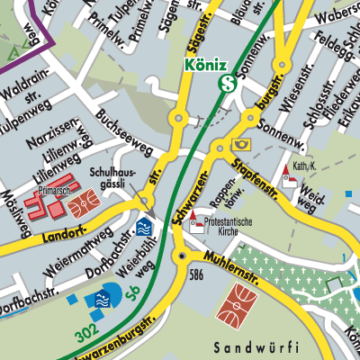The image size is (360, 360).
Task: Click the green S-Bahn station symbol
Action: (x=229, y=85)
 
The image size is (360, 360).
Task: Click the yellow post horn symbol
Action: (x=241, y=144)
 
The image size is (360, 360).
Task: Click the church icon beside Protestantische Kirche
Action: (x=197, y=226)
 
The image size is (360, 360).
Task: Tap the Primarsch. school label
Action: (x=57, y=191)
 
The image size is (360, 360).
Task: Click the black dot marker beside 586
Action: (x=184, y=256)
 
